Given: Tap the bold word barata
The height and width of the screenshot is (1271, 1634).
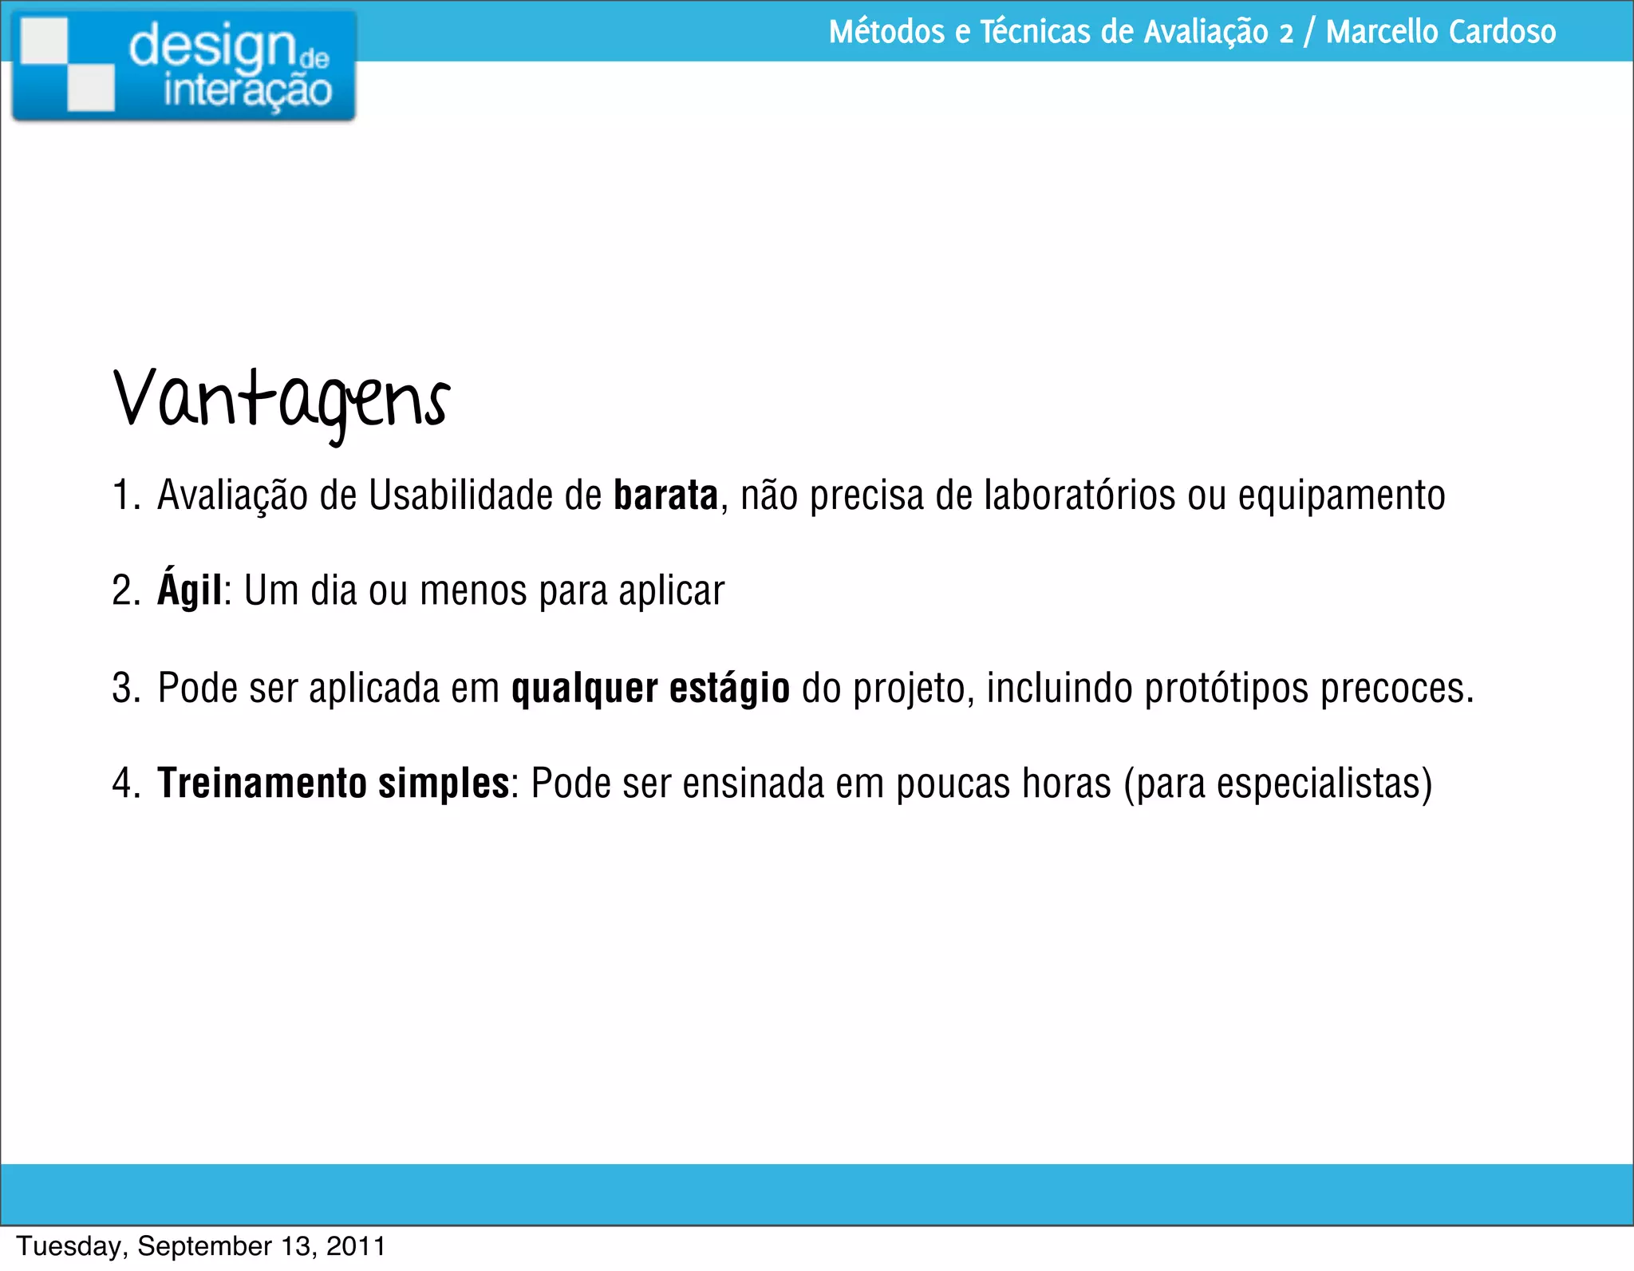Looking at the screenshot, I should click(665, 495).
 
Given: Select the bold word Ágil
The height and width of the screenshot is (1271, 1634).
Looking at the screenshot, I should click(189, 590).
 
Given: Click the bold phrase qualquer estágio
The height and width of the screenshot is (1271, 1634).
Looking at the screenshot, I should click(650, 688).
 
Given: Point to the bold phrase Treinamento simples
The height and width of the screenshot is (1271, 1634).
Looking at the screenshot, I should click(334, 783).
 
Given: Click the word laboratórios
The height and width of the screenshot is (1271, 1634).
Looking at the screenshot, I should click(1079, 495).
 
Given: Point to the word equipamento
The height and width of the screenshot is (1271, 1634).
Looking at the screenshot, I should click(1341, 497).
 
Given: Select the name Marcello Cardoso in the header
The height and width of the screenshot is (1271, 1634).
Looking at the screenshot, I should click(1440, 32).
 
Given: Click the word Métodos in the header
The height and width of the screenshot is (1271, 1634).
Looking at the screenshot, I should click(886, 32).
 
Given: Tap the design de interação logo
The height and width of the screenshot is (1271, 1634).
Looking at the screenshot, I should click(184, 66).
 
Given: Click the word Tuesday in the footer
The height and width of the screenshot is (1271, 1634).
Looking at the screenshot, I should click(70, 1246).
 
